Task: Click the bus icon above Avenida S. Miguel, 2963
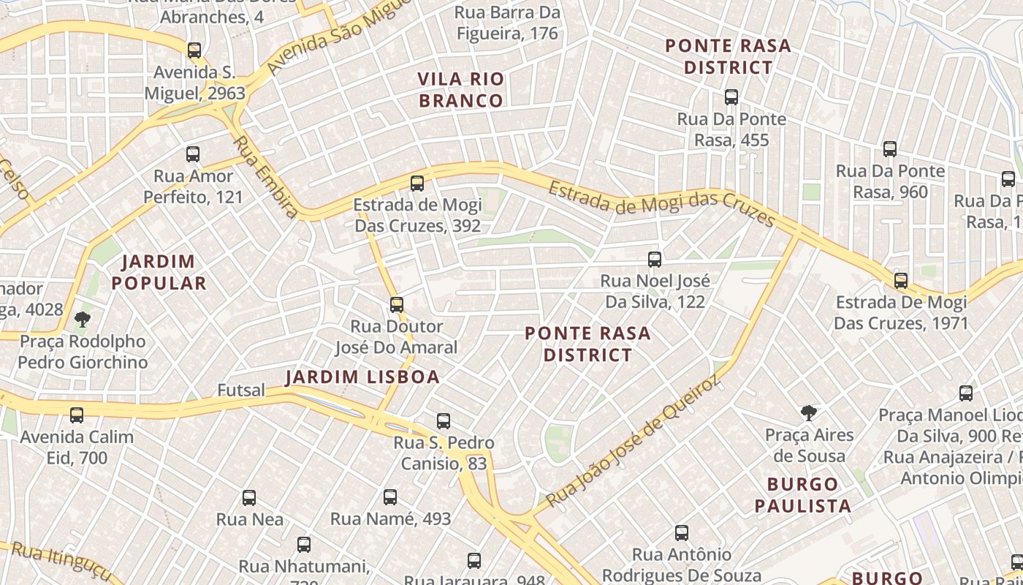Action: click(194, 50)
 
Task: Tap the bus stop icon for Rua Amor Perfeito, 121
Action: click(193, 154)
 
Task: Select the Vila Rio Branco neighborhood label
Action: click(461, 90)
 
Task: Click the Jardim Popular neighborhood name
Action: click(159, 272)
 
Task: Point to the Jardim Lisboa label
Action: click(362, 377)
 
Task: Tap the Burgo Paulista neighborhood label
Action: click(803, 495)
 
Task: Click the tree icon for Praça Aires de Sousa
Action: click(809, 413)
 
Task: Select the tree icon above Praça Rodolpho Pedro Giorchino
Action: click(83, 319)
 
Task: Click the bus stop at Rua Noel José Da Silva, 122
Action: click(655, 259)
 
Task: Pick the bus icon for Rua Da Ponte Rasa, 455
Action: click(731, 97)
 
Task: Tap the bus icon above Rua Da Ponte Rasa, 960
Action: click(890, 149)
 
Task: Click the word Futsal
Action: click(241, 390)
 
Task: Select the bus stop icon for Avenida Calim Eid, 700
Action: click(77, 415)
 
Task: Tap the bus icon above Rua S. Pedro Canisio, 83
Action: click(444, 421)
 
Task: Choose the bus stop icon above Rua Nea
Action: click(249, 498)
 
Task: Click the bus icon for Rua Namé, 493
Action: click(390, 497)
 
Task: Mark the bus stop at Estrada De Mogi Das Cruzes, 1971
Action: click(901, 281)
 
